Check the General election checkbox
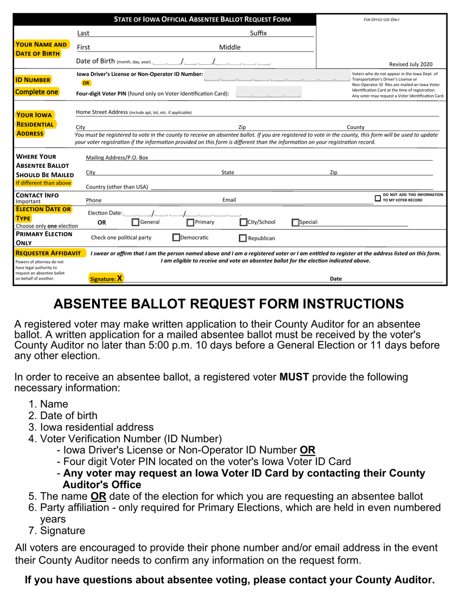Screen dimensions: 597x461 [x=136, y=222]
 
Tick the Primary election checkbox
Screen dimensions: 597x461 [x=191, y=222]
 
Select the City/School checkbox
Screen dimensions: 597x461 [x=244, y=222]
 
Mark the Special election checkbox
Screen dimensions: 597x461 [x=295, y=223]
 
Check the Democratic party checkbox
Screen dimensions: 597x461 [x=177, y=238]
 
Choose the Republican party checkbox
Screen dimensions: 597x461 [x=243, y=238]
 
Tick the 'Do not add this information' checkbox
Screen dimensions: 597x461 [x=378, y=198]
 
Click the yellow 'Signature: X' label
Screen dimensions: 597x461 [x=106, y=279]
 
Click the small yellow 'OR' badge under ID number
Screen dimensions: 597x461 [x=86, y=83]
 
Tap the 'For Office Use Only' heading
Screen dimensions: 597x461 [x=381, y=20]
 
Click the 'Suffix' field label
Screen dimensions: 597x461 [x=258, y=33]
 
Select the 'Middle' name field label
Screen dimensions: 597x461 [x=230, y=48]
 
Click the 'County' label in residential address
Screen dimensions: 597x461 [x=355, y=127]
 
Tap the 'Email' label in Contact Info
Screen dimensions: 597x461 [x=229, y=200]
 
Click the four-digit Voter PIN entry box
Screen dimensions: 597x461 [x=268, y=93]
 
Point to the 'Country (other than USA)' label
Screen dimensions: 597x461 [x=117, y=187]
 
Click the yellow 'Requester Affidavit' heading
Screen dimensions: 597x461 [x=48, y=253]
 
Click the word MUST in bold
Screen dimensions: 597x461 [x=294, y=377]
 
